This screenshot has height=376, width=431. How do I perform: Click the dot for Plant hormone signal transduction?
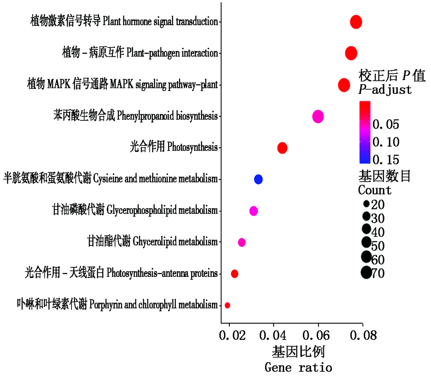point(356,22)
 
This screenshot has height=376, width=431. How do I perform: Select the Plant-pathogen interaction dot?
point(351,53)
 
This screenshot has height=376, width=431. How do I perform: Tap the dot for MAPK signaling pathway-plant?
point(344,85)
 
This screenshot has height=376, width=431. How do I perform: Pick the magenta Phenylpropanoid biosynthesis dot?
point(318,116)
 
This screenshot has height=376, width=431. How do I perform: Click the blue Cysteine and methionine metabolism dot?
point(258,179)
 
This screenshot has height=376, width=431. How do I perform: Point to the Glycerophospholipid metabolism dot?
point(253,211)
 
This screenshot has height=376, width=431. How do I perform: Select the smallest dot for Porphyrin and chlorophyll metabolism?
point(227,305)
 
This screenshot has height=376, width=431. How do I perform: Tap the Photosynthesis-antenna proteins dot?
point(234,274)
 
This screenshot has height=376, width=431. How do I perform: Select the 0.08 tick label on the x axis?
point(362,335)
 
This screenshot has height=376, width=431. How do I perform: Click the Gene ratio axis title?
point(298,368)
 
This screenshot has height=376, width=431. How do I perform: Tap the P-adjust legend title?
point(385,90)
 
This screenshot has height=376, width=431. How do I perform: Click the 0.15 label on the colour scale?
point(386,160)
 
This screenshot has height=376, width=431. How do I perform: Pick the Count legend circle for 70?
point(366,273)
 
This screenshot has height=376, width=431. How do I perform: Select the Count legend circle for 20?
point(366,204)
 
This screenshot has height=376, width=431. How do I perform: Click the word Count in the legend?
point(375,190)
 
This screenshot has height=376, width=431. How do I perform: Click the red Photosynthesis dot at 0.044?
point(282,148)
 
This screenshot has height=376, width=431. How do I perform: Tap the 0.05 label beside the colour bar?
point(386,125)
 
